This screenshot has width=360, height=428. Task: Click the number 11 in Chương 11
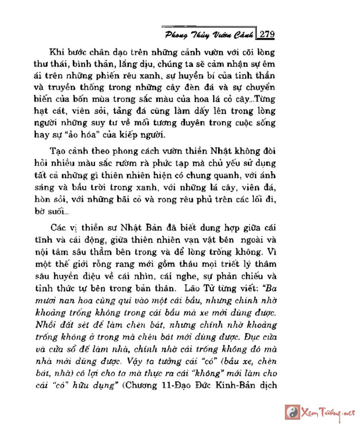(171, 385)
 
